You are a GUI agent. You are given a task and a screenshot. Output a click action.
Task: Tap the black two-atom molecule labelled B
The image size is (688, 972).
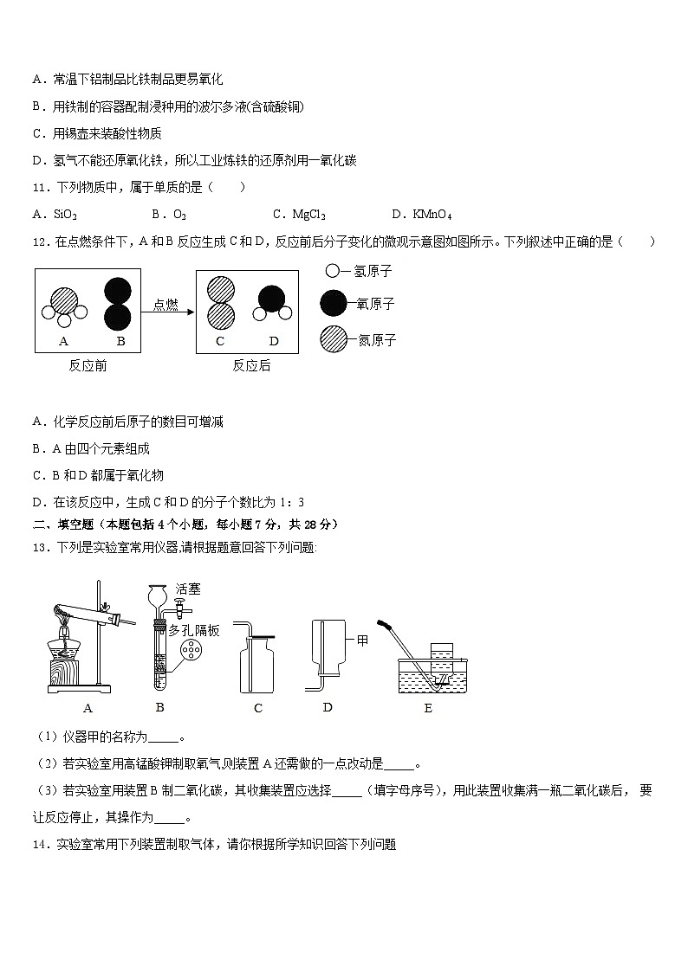pyautogui.click(x=119, y=304)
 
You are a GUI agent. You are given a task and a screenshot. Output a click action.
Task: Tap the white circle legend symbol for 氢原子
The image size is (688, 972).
pyautogui.click(x=333, y=271)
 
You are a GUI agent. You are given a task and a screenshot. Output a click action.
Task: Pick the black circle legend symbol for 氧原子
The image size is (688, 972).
pyautogui.click(x=333, y=304)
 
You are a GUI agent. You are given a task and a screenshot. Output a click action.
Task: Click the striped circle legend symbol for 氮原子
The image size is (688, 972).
pyautogui.click(x=333, y=339)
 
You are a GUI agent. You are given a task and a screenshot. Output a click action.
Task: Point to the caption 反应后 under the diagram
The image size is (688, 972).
pyautogui.click(x=251, y=365)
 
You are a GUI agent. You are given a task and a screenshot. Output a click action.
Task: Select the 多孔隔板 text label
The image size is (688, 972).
pyautogui.click(x=193, y=630)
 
